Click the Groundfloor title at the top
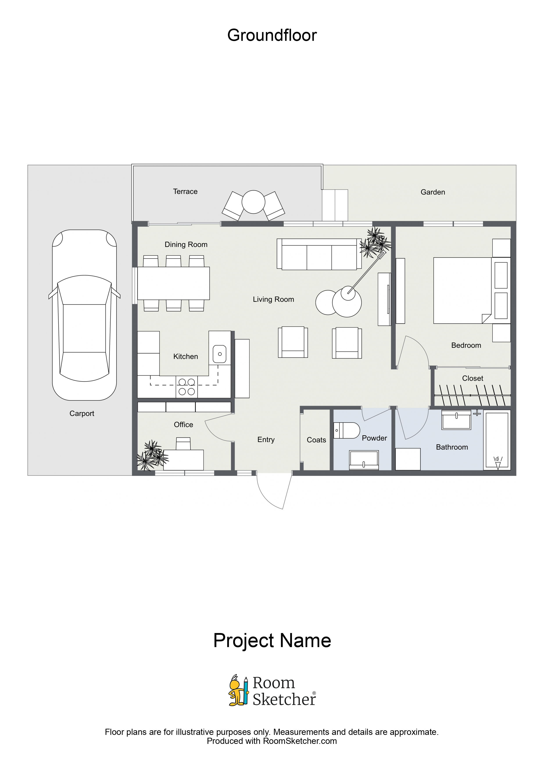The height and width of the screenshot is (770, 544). point(272,35)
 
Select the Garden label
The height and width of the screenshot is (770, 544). point(433,192)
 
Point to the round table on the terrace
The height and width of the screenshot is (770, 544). point(253,202)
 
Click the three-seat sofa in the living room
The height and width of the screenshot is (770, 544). point(319,254)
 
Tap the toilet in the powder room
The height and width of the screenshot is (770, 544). point(347,430)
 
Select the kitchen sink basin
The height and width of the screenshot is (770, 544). point(220,354)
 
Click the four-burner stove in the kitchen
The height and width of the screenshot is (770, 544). point(187,387)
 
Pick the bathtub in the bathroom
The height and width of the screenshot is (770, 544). point(497,440)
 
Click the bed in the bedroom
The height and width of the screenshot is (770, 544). point(463,290)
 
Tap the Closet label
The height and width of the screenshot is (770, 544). point(473,378)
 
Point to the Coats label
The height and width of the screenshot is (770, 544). point(316,440)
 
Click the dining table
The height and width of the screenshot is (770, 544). point(174,283)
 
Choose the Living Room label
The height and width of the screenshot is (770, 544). point(273,299)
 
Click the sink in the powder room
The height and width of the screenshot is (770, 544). point(364,459)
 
